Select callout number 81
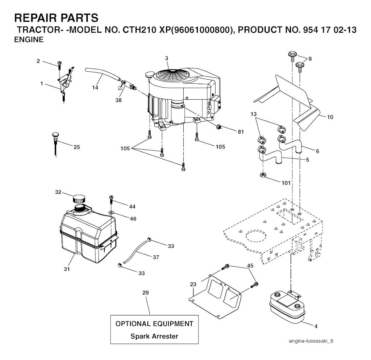(241, 132)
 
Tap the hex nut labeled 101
(263, 175)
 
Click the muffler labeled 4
(287, 306)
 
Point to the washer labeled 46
(111, 213)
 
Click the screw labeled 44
(111, 200)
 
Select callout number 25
(77, 147)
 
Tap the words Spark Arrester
(154, 336)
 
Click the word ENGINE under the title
(29, 39)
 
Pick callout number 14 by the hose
(95, 88)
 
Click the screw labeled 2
(59, 65)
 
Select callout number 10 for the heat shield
(330, 117)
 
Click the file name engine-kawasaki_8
(311, 341)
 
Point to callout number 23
(193, 284)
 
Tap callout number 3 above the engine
(167, 58)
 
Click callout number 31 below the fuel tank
(67, 269)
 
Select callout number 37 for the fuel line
(156, 257)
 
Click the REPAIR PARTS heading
(56, 18)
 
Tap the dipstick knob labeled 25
(55, 136)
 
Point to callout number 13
(253, 114)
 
